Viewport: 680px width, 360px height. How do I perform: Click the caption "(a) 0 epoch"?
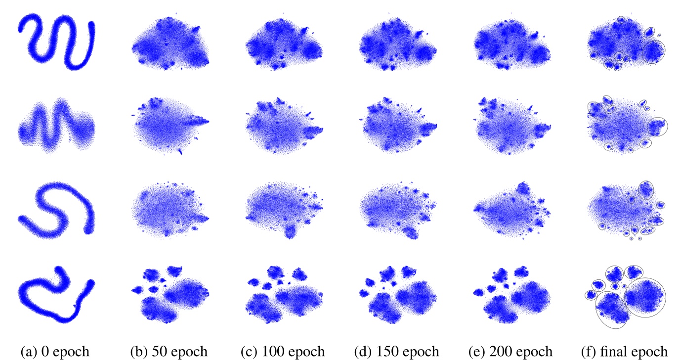55,352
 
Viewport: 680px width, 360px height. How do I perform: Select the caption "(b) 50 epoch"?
169,352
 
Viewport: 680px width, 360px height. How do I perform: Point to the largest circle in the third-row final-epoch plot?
645,190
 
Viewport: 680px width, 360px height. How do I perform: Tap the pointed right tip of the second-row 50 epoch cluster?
207,121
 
